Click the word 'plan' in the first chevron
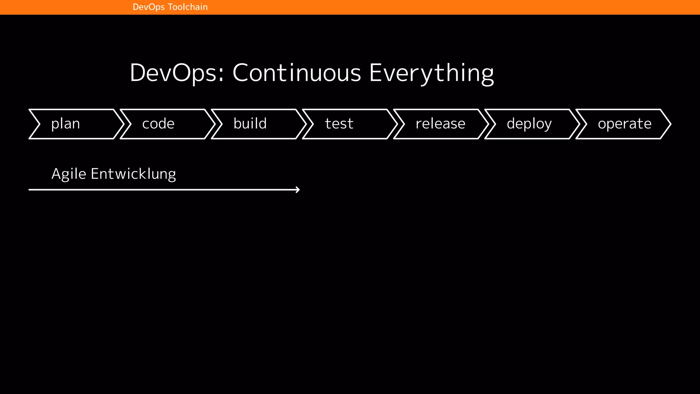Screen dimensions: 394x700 coord(65,124)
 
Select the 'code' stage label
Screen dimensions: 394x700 coord(158,124)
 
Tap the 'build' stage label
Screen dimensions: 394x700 coord(250,124)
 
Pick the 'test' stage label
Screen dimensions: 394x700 coord(339,124)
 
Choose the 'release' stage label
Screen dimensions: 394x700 coord(440,124)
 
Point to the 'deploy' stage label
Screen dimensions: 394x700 coord(529,124)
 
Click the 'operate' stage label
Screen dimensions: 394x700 coord(624,124)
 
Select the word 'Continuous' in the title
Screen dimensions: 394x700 coord(297,73)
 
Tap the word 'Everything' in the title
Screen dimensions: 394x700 coord(431,73)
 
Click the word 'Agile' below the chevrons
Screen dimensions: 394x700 coord(69,174)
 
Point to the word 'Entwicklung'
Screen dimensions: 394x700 coord(133,174)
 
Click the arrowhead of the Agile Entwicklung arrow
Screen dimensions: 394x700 coord(298,189)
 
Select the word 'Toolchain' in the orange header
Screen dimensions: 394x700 coord(188,7)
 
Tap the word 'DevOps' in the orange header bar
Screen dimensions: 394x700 coord(149,7)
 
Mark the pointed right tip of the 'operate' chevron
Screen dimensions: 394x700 coord(670,124)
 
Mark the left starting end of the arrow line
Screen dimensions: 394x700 coord(30,189)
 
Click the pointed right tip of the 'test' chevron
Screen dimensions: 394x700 coord(397,124)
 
